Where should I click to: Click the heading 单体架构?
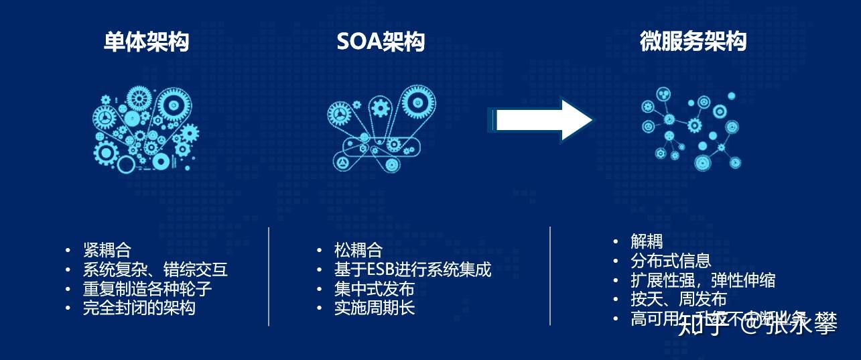(146, 42)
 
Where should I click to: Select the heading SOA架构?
(381, 42)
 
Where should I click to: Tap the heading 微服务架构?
(693, 42)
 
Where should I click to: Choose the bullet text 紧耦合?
(107, 250)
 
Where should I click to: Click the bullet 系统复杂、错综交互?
(155, 269)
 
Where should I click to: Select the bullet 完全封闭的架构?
(139, 308)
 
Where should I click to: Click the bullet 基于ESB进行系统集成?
(413, 269)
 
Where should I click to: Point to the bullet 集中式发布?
(374, 289)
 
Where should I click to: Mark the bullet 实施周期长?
(374, 308)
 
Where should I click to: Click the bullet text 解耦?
(647, 241)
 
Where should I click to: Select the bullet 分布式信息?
(671, 261)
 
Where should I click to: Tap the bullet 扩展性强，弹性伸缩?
(703, 280)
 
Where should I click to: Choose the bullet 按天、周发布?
(678, 299)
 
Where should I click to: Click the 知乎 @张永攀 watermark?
(757, 325)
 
